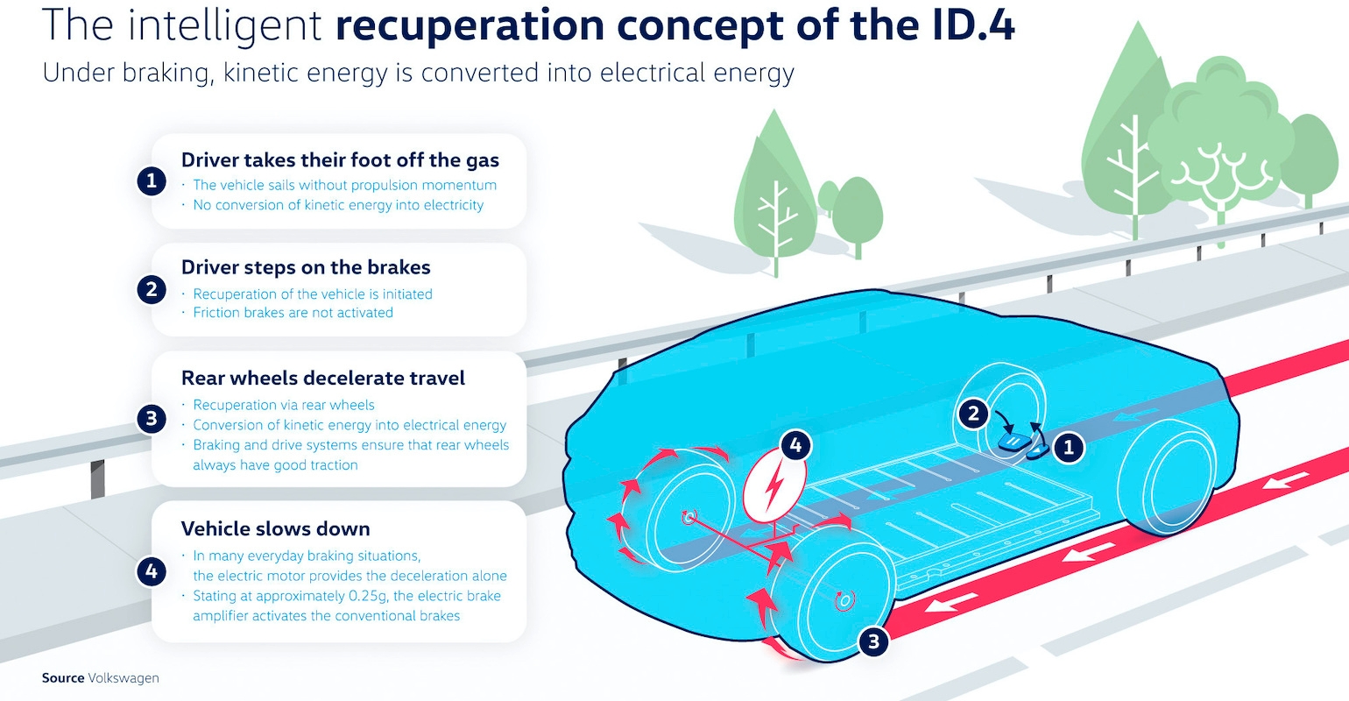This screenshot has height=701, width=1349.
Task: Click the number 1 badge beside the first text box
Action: [x=152, y=181]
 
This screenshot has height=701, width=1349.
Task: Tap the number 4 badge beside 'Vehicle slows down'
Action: [x=152, y=572]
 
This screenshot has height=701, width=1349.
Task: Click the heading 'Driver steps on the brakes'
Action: [x=306, y=267]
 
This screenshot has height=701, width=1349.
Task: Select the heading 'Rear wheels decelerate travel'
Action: [x=322, y=378]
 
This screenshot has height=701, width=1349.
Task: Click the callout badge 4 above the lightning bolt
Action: [x=795, y=445]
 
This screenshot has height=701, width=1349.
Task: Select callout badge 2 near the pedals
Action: [x=973, y=414]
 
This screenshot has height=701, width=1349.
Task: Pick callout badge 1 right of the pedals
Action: [x=1068, y=449]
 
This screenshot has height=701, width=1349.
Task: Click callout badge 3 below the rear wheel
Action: [x=872, y=642]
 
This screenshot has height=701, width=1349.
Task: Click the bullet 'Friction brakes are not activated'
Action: [x=293, y=313]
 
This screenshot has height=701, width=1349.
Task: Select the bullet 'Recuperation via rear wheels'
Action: [x=283, y=405]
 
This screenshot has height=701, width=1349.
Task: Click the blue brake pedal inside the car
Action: [x=1012, y=441]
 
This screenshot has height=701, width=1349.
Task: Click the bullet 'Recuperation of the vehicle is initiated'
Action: [x=312, y=294]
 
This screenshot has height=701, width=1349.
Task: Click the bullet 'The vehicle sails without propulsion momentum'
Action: [x=344, y=185]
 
